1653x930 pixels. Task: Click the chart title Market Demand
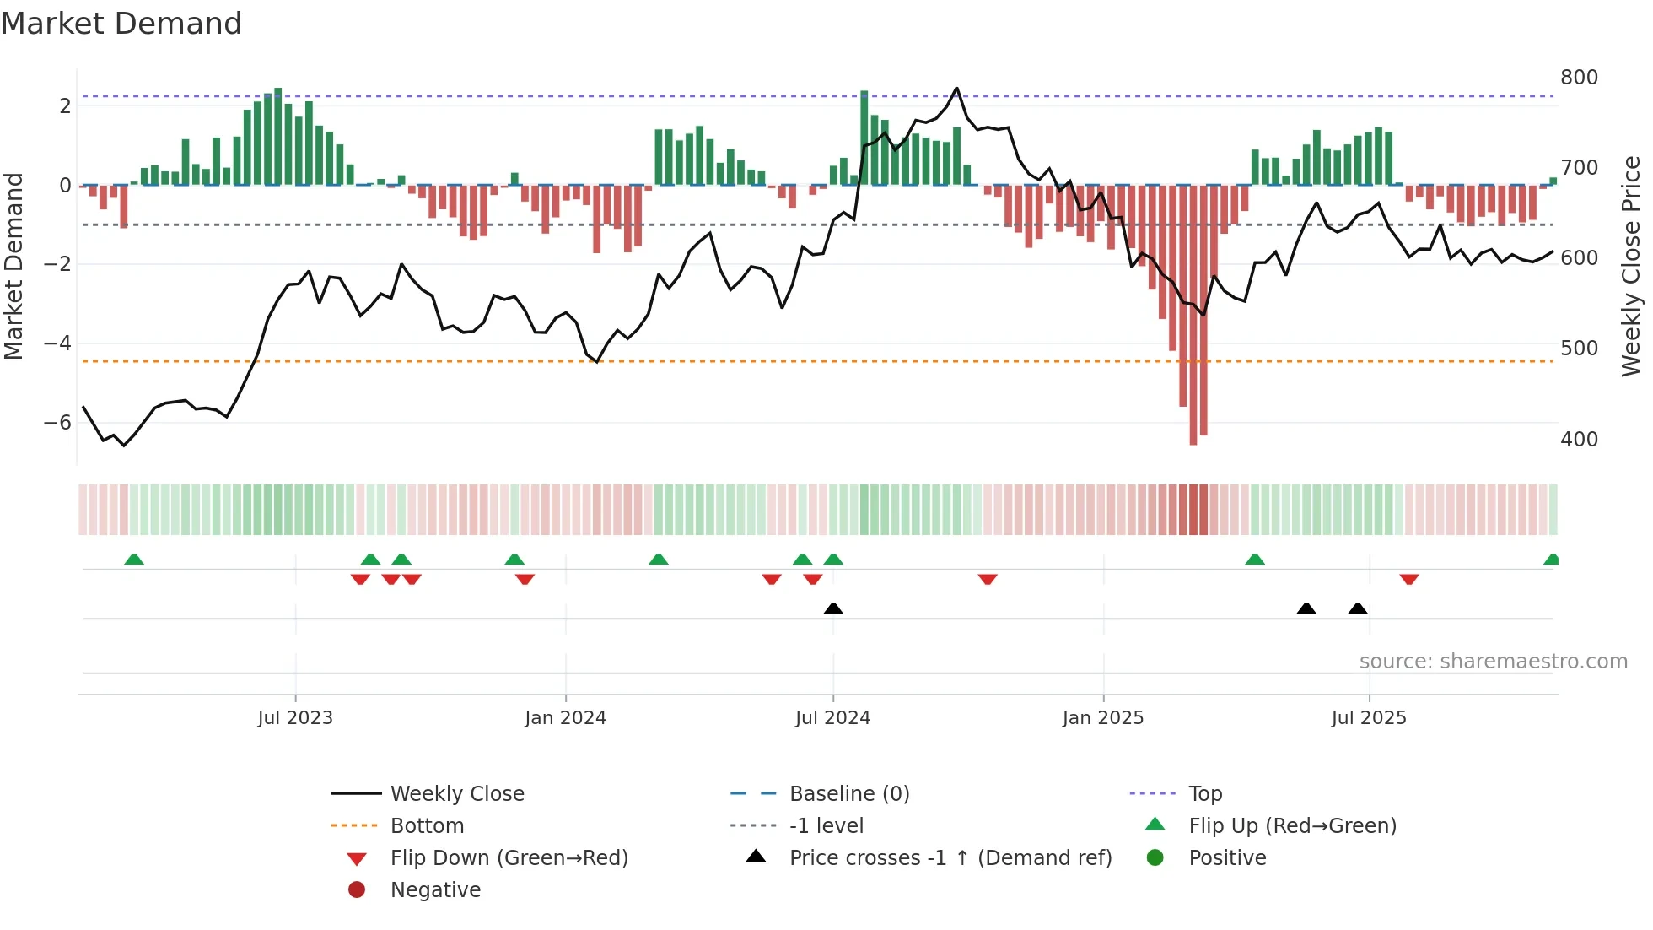tap(121, 24)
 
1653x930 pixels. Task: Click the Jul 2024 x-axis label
tap(832, 718)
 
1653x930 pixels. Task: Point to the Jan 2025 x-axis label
tap(1102, 718)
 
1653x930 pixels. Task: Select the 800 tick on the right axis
tap(1579, 78)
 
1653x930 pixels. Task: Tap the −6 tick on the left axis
tap(58, 423)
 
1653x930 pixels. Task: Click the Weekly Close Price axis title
tap(1631, 266)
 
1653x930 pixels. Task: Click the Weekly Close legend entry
tap(456, 794)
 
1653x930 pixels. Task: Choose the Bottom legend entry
tap(427, 826)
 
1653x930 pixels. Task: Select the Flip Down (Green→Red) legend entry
tap(509, 858)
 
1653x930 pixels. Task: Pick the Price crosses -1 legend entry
tap(950, 858)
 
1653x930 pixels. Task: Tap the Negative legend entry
tap(435, 890)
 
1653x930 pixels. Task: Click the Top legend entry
tap(1205, 794)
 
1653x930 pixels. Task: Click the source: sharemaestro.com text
tap(1493, 662)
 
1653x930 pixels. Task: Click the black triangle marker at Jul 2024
tap(833, 608)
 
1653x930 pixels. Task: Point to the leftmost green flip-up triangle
tap(134, 560)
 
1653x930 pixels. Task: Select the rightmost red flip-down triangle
tap(1409, 579)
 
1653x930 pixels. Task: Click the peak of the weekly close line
tap(956, 88)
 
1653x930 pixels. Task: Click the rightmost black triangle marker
tap(1358, 608)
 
